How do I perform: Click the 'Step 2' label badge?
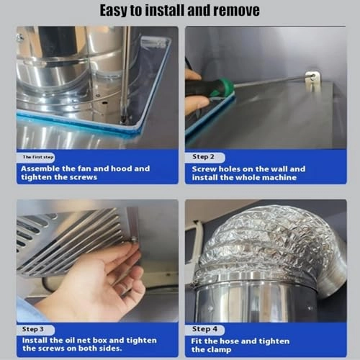pyautogui.click(x=204, y=157)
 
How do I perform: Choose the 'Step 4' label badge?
pyautogui.click(x=204, y=329)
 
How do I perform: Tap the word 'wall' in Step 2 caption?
pyautogui.click(x=278, y=169)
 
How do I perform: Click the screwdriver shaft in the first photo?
pyautogui.click(x=125, y=79)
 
